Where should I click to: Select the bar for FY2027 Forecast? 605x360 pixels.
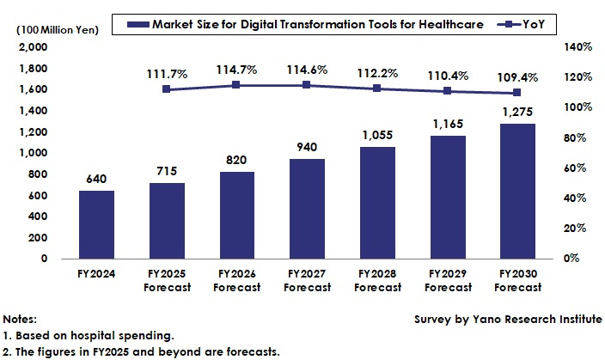(x=307, y=209)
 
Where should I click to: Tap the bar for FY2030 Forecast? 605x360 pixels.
(x=517, y=191)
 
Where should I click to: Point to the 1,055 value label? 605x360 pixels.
(x=377, y=137)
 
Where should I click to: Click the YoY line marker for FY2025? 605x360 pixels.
(x=167, y=89)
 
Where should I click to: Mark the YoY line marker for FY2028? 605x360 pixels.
(x=377, y=88)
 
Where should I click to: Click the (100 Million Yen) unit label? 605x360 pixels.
(x=52, y=30)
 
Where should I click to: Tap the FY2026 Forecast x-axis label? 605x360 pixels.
(x=236, y=281)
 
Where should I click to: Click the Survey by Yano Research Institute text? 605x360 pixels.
(x=508, y=318)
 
